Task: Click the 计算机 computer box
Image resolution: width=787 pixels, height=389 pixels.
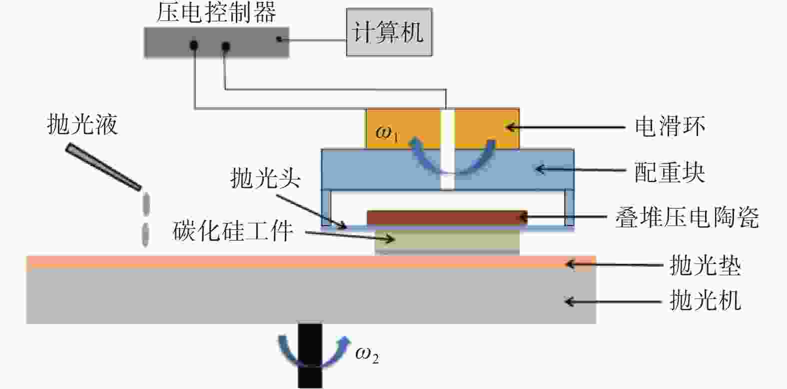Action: point(389,32)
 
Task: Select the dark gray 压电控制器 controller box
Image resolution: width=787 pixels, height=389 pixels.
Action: point(216,42)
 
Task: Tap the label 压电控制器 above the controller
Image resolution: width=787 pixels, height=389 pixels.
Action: point(216,12)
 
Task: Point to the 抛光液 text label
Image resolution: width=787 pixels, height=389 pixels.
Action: point(82,124)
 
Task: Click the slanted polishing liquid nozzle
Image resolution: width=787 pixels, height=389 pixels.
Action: point(103,166)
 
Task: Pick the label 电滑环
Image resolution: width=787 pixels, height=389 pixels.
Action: point(670,126)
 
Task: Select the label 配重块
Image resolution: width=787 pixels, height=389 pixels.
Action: point(670,172)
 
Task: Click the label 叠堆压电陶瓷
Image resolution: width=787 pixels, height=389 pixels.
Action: point(687,217)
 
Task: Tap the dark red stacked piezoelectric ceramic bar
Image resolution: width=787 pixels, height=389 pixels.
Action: point(447,217)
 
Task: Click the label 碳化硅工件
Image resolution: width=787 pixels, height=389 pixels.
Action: point(232,230)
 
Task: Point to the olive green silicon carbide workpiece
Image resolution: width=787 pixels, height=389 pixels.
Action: point(447,241)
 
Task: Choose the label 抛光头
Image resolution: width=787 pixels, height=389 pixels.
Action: point(265,177)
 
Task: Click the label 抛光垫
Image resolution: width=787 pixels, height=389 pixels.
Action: point(706,265)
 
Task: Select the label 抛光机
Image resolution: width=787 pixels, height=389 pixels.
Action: point(706,300)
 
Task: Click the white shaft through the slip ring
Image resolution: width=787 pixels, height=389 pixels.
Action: point(448,149)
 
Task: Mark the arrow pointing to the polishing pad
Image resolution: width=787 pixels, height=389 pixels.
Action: point(615,264)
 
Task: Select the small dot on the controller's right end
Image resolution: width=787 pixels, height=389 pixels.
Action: point(279,39)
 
